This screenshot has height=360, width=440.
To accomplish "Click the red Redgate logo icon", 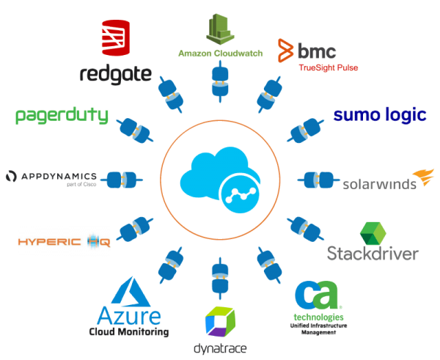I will coord(115,37).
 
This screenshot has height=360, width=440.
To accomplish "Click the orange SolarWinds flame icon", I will coord(422,176).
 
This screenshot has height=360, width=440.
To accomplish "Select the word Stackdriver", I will coord(373,254).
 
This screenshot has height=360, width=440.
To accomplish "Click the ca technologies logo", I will coord(317,296).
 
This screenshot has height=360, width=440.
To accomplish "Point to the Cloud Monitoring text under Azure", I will coord(128,332).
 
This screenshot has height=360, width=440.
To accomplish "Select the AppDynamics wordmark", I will coord(51,177).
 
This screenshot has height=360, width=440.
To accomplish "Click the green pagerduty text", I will coord(62,115).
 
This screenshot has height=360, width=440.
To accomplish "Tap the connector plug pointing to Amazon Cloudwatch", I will coord(219,81).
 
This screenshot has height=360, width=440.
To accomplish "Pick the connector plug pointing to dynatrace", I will coord(218,275).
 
